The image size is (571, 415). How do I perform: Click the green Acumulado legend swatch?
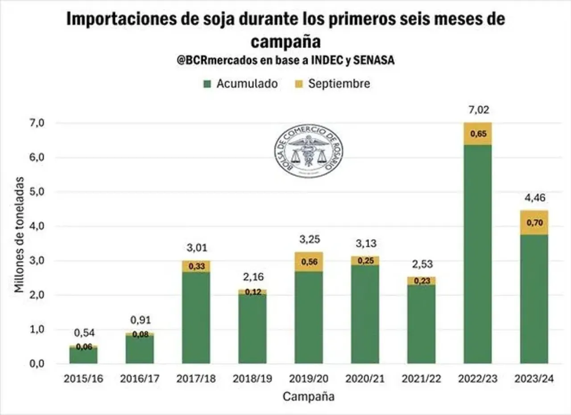(207, 84)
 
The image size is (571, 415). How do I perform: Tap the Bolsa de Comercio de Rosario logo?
(308, 151)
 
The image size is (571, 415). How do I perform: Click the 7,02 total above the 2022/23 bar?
(478, 110)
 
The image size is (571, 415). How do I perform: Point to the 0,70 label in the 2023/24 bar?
(534, 222)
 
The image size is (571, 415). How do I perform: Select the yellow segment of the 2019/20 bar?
(309, 262)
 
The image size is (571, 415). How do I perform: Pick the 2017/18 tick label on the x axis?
(196, 379)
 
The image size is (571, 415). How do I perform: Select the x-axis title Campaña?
(309, 396)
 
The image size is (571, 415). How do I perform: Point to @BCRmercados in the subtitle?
(216, 61)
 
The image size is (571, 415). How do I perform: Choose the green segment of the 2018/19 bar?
(252, 329)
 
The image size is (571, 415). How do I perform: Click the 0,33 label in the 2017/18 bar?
(196, 267)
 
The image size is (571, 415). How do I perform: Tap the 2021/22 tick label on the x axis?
(422, 379)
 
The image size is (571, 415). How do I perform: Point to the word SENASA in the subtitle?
(373, 61)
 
